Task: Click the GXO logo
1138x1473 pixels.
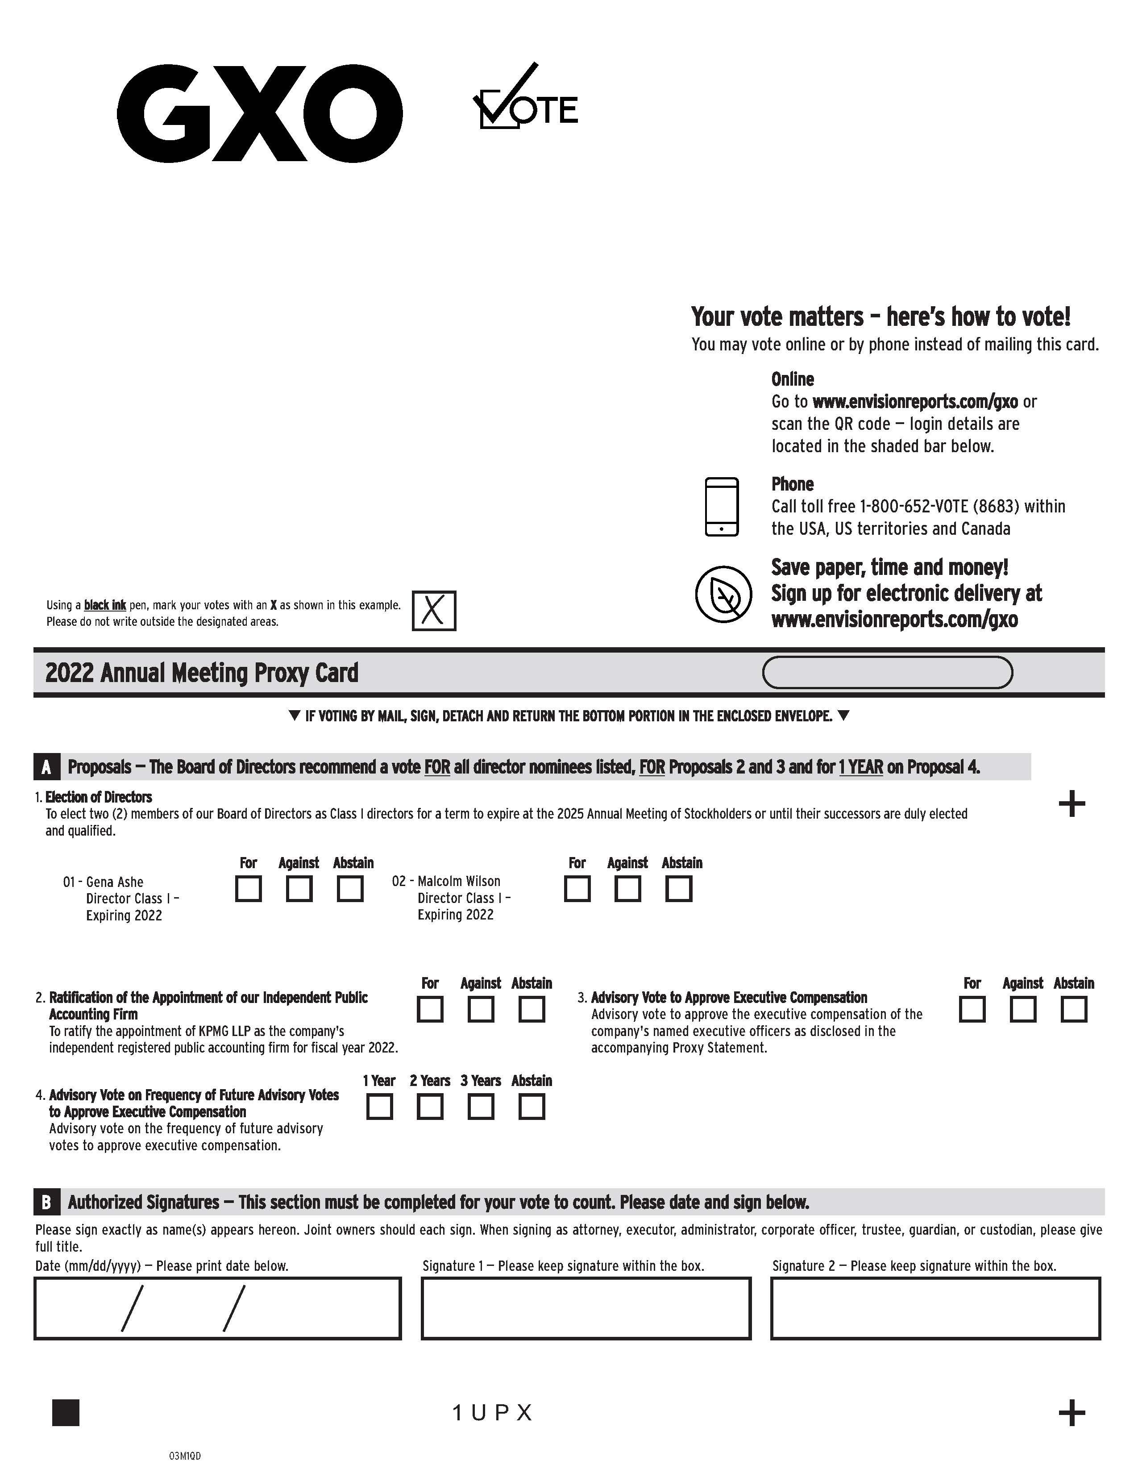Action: (x=260, y=113)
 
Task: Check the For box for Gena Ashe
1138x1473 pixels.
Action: (x=248, y=888)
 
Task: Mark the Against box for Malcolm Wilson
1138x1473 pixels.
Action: (x=627, y=888)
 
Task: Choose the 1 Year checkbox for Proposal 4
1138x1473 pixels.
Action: (x=380, y=1107)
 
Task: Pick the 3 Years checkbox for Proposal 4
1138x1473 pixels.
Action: (x=481, y=1107)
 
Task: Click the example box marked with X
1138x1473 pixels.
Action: (x=433, y=610)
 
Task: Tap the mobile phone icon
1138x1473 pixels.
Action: (x=721, y=507)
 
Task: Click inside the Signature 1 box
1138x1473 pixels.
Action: (x=586, y=1308)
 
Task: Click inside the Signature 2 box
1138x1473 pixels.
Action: (x=935, y=1308)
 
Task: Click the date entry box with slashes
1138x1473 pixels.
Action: (x=217, y=1308)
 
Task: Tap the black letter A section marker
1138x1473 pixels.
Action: (x=46, y=767)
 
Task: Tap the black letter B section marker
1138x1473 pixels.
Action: (x=46, y=1202)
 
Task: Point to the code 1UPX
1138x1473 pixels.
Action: (x=492, y=1413)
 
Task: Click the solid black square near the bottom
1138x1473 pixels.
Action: (x=66, y=1413)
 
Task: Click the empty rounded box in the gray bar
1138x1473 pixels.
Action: (x=887, y=672)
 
